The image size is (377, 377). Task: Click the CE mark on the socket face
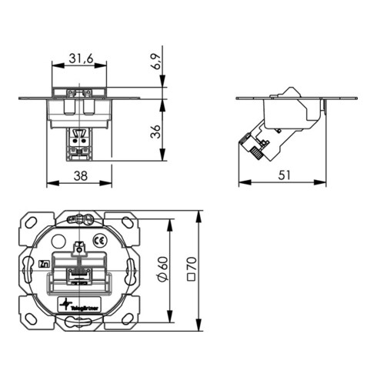pos(98,240)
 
